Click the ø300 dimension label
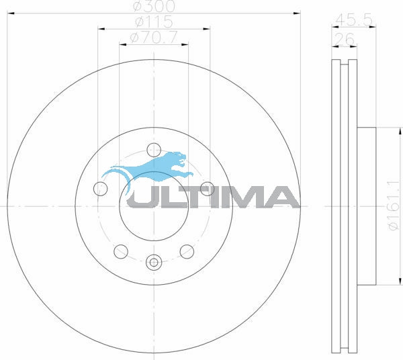click(154, 6)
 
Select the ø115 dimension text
click(154, 21)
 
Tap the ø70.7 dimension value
click(154, 38)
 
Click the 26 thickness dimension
click(345, 40)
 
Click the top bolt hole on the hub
click(154, 150)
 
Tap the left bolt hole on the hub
click(100, 189)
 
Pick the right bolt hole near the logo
click(207, 189)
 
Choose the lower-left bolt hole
click(121, 252)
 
